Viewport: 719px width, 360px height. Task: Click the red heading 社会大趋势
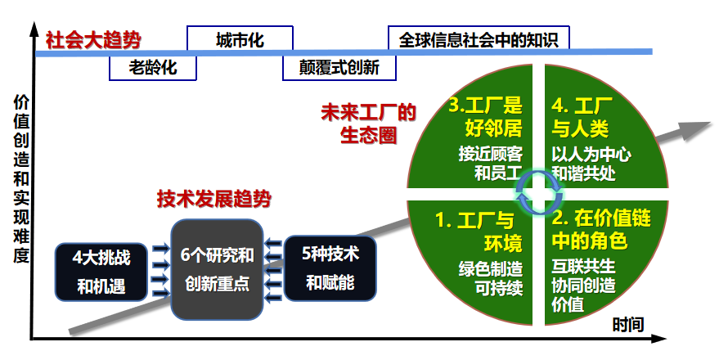tap(92, 39)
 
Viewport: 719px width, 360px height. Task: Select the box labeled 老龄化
tap(153, 67)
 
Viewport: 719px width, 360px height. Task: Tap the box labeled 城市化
tap(240, 39)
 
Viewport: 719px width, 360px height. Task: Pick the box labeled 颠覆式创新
tap(339, 67)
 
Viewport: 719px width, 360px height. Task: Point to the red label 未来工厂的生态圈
tap(368, 123)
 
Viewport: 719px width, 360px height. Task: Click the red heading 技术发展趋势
tap(214, 198)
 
